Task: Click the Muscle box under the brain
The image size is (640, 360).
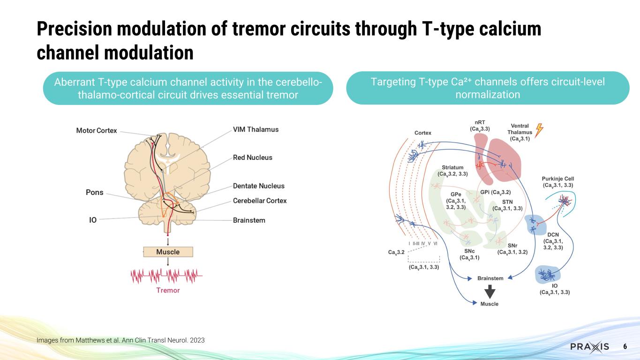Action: (x=168, y=252)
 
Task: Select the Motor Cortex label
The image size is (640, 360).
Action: (x=97, y=130)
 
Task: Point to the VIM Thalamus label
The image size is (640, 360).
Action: (x=256, y=129)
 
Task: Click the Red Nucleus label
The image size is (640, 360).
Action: (x=252, y=157)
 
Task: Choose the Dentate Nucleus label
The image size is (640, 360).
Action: (x=258, y=186)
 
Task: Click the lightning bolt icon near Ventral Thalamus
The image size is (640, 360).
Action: (x=539, y=129)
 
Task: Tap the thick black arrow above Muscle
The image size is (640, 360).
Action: (x=489, y=292)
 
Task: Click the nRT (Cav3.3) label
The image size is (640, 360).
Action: (x=480, y=125)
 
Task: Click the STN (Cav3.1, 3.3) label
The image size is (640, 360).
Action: (x=507, y=205)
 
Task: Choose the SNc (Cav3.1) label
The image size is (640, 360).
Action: (x=469, y=254)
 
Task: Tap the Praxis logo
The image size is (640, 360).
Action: (x=589, y=346)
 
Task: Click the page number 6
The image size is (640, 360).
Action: (x=625, y=346)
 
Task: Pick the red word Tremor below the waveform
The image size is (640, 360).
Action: (x=168, y=290)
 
